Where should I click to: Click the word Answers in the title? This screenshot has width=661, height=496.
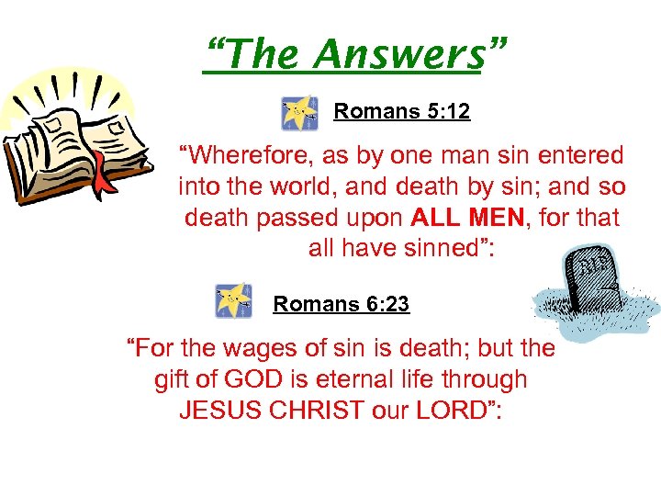[398, 56]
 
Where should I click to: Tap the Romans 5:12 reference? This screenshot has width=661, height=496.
[401, 112]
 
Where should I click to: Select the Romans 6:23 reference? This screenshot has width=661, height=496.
[341, 303]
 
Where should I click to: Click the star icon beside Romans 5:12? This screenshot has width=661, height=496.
[299, 113]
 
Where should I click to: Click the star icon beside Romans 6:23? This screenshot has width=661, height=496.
[233, 300]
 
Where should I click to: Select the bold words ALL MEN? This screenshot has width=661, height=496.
[467, 219]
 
